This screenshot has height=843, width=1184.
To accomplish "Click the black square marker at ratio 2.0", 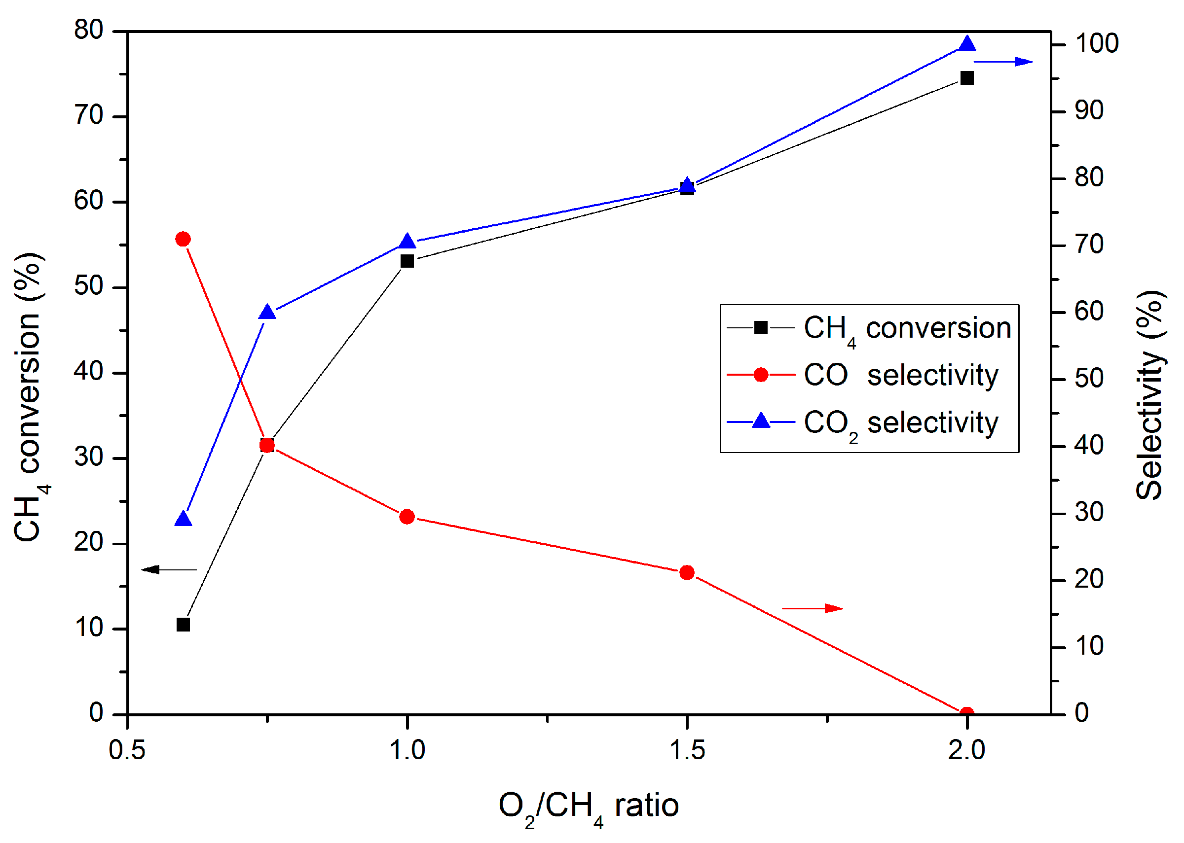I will pyautogui.click(x=966, y=78).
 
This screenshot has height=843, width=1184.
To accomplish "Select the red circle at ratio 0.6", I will pyautogui.click(x=184, y=239).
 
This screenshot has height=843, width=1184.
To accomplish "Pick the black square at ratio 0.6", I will pyautogui.click(x=184, y=625).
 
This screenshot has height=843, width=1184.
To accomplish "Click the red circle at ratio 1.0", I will pyautogui.click(x=407, y=517).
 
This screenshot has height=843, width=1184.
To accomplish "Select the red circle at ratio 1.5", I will pyautogui.click(x=687, y=572).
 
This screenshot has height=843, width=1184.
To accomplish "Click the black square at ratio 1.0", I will pyautogui.click(x=407, y=261).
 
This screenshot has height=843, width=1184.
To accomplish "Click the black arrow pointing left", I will pyautogui.click(x=169, y=569).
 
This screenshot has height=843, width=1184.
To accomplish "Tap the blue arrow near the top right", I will pyautogui.click(x=1002, y=62).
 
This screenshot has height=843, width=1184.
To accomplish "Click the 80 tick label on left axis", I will pyautogui.click(x=89, y=30).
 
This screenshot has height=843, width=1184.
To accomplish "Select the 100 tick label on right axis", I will pyautogui.click(x=1096, y=43).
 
